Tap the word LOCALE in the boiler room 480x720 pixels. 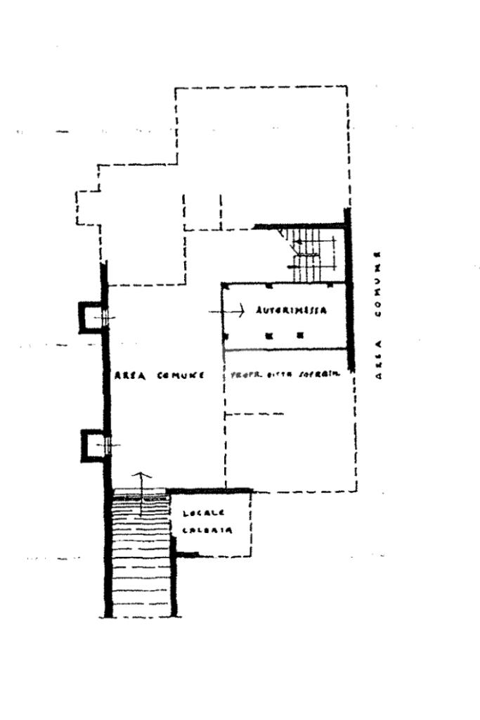click(x=199, y=513)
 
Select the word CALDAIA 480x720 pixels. click(x=203, y=530)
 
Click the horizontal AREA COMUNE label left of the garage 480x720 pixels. click(x=159, y=375)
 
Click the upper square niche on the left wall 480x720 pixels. click(x=90, y=317)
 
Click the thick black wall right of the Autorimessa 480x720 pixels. click(x=347, y=295)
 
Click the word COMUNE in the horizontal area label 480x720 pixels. click(x=181, y=375)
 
